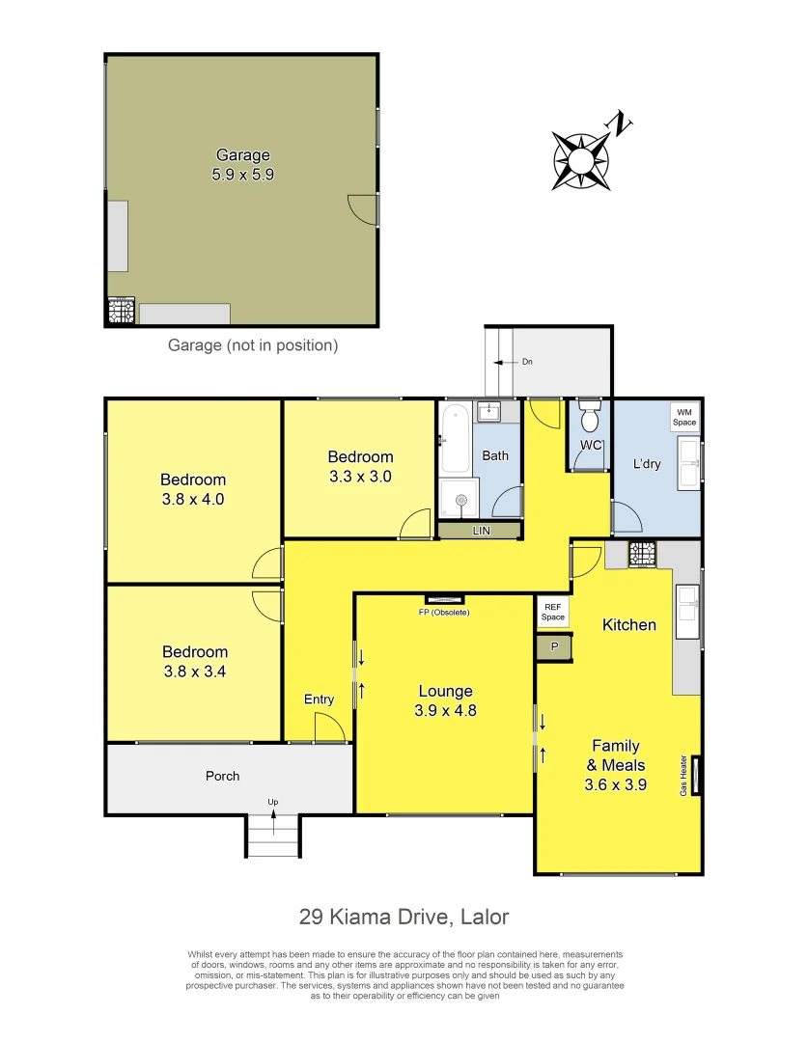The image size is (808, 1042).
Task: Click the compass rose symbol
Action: click(582, 152)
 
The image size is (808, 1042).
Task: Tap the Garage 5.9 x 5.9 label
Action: click(242, 165)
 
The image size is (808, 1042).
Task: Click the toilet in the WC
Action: click(588, 419)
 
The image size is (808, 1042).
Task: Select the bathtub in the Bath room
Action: click(455, 440)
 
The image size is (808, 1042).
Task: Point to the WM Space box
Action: click(684, 417)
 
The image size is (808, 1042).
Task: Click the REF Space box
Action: click(553, 612)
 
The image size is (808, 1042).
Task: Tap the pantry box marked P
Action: click(554, 647)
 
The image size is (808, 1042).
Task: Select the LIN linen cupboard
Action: click(480, 531)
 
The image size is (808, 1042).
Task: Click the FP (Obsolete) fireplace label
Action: click(444, 612)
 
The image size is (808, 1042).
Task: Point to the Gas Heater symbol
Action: click(694, 775)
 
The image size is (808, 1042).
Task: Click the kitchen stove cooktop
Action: click(642, 554)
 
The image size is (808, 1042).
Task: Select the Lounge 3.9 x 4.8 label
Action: click(445, 700)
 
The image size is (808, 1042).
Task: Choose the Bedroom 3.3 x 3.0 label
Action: click(360, 466)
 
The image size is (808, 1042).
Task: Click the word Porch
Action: click(222, 776)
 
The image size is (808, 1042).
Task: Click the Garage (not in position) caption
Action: click(253, 344)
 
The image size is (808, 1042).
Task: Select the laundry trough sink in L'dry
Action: click(688, 463)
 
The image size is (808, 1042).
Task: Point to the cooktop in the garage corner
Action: click(120, 312)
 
